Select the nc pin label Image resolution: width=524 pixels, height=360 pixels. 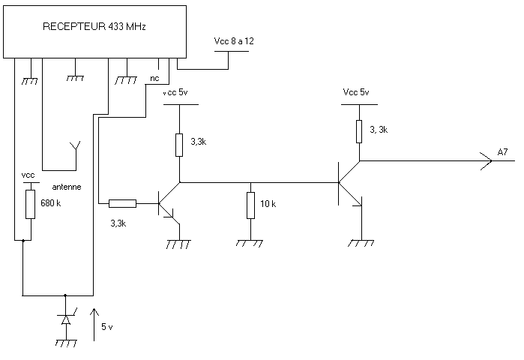coord(154,77)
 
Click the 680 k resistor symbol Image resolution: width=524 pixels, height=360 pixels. coord(31,203)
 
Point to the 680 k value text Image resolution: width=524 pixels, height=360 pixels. coord(51,203)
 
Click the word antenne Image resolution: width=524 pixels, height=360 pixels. coord(66,185)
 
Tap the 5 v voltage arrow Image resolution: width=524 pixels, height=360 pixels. coord(94,323)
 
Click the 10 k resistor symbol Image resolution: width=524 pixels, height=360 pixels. coord(250,205)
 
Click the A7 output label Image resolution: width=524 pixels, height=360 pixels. coord(503,154)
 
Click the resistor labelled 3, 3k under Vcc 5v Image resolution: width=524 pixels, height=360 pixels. coord(359,131)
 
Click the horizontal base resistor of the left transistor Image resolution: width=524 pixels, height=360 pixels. coord(122,202)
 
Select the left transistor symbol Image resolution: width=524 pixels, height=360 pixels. coord(166,202)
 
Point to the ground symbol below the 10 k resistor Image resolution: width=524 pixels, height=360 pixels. coord(250,244)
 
